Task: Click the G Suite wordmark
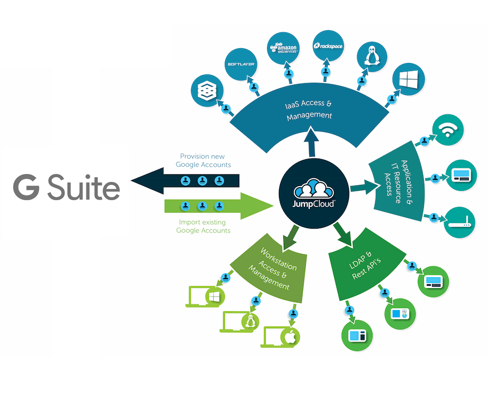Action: pos(67,188)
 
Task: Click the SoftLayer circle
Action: pos(241,65)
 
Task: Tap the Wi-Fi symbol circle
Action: pos(448,130)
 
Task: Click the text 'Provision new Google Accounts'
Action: pos(203,160)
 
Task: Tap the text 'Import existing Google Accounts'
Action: pos(203,226)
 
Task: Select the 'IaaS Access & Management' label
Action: pos(310,110)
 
